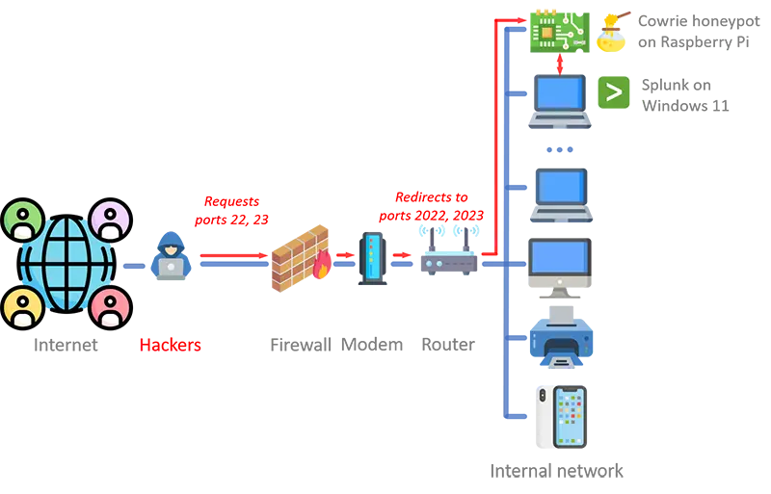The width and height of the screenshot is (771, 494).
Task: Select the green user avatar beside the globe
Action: pos(22,220)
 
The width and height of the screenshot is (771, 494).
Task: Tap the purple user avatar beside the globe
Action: pos(110,220)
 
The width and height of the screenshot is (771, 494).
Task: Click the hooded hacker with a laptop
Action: pos(172,255)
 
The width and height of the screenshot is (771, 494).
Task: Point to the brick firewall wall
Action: pos(293,260)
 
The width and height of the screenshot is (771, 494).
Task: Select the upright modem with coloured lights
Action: pos(370,261)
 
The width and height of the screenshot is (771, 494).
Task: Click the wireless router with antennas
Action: pos(448,251)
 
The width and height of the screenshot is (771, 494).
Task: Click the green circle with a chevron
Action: pos(614,92)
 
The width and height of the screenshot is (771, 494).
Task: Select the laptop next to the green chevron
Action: pos(559,99)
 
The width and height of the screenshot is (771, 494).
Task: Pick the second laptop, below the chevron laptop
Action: pos(559,193)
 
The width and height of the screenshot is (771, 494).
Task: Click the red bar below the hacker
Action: pos(203,343)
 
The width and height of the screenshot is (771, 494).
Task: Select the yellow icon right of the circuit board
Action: pos(614,31)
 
